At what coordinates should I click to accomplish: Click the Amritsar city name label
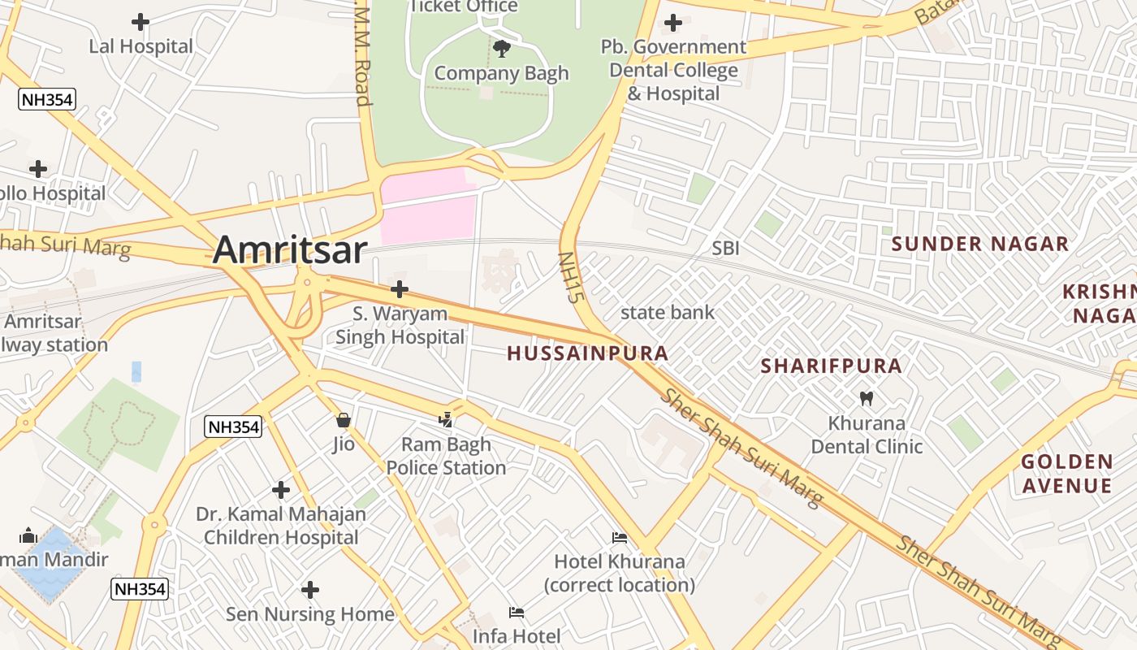pyautogui.click(x=290, y=249)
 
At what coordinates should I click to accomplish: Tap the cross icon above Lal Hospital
pyautogui.click(x=141, y=22)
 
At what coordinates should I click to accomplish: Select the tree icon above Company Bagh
pyautogui.click(x=502, y=49)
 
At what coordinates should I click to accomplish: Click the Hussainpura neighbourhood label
pyautogui.click(x=588, y=353)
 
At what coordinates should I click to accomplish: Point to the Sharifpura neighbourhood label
pyautogui.click(x=831, y=366)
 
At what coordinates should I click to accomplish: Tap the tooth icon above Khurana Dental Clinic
pyautogui.click(x=867, y=399)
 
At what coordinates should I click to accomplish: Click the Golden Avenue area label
pyautogui.click(x=1066, y=474)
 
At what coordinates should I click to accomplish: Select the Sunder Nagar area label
pyautogui.click(x=980, y=244)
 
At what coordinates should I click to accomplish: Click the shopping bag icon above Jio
pyautogui.click(x=344, y=420)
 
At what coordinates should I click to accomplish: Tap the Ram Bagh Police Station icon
pyautogui.click(x=445, y=420)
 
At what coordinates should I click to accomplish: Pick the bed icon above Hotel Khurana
pyautogui.click(x=619, y=537)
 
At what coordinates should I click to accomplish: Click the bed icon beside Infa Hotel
pyautogui.click(x=517, y=612)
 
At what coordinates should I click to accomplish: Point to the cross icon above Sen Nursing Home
pyautogui.click(x=310, y=590)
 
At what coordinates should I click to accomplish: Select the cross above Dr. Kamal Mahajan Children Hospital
pyautogui.click(x=281, y=490)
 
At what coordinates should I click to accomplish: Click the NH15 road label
pyautogui.click(x=571, y=278)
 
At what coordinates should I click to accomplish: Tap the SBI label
pyautogui.click(x=725, y=249)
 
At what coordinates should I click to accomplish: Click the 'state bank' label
pyautogui.click(x=668, y=312)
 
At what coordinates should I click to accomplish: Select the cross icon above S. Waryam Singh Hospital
pyautogui.click(x=399, y=289)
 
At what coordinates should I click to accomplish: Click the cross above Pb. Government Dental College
pyautogui.click(x=673, y=22)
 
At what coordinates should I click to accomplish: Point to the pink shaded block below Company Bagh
pyautogui.click(x=429, y=210)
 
